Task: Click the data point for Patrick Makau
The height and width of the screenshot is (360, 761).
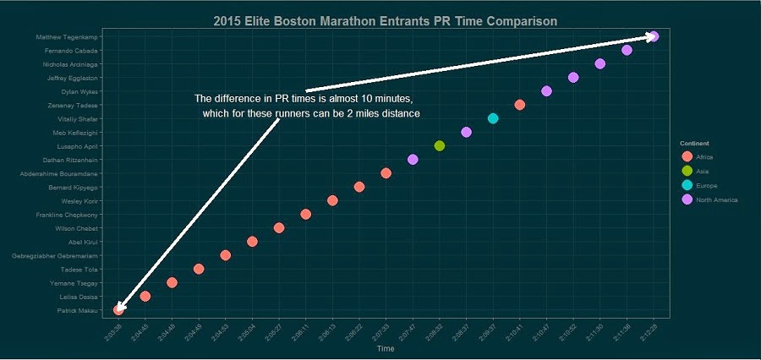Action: [118, 310]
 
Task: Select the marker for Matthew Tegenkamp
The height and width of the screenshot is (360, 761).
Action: [654, 36]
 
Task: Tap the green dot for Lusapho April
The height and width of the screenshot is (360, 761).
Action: [440, 146]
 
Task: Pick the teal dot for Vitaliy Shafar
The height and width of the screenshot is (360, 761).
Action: [493, 118]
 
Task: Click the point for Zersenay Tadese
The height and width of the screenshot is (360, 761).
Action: [520, 105]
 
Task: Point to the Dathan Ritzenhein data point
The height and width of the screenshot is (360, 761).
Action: [413, 160]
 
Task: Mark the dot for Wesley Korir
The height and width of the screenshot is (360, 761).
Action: [332, 201]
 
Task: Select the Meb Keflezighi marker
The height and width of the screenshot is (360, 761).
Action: [466, 132]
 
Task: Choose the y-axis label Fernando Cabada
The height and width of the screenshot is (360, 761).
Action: [75, 51]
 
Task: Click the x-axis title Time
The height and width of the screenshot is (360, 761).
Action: [386, 348]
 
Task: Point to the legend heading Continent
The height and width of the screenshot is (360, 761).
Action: [694, 144]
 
